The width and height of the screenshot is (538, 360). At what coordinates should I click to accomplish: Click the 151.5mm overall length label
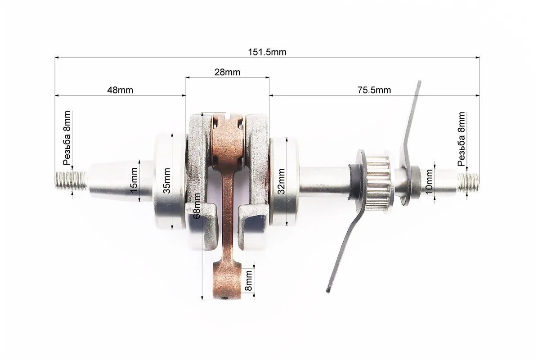[x=267, y=52]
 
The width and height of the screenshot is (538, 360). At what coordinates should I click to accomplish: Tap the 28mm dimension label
[x=227, y=72]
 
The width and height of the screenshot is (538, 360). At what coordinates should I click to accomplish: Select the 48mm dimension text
[x=120, y=90]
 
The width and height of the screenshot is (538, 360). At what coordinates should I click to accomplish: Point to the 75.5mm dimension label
[x=374, y=90]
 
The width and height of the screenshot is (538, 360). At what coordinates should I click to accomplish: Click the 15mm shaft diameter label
[x=134, y=180]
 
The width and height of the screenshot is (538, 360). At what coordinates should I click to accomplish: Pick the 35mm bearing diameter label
[x=167, y=180]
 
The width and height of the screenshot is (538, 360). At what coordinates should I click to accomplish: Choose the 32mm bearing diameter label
[x=281, y=181]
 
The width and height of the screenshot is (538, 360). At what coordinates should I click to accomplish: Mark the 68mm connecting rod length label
[x=197, y=206]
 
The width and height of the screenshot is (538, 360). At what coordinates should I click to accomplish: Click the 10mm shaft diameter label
[x=429, y=182]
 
